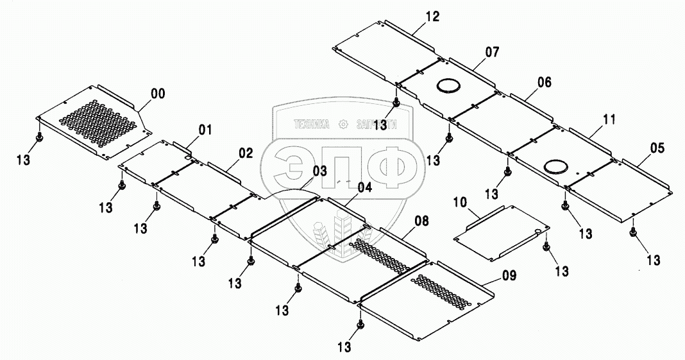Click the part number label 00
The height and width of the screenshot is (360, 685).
pos(157,94)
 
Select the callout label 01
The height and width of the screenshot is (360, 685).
pos(205,130)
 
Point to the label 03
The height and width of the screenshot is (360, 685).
pos(320,171)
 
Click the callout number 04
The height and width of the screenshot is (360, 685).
pos(364,187)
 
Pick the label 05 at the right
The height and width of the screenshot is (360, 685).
pos(657,148)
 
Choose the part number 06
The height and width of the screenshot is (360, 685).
pos(544,82)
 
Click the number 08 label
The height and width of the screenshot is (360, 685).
pos(421,223)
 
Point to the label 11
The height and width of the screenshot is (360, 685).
pos(608,119)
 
